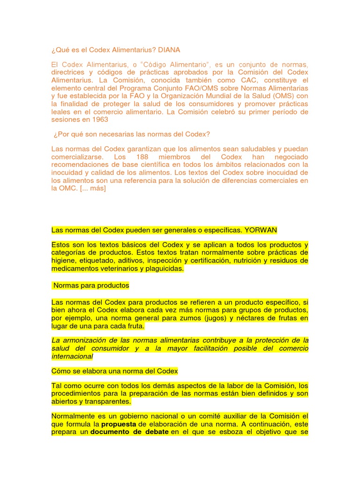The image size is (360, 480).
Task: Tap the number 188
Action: [144, 157]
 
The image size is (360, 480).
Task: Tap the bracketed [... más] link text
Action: [93, 188]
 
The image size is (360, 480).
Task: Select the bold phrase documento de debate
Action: [129, 432]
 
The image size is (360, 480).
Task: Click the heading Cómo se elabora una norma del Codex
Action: [115, 371]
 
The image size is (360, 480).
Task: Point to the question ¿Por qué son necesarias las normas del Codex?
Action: [132, 134]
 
